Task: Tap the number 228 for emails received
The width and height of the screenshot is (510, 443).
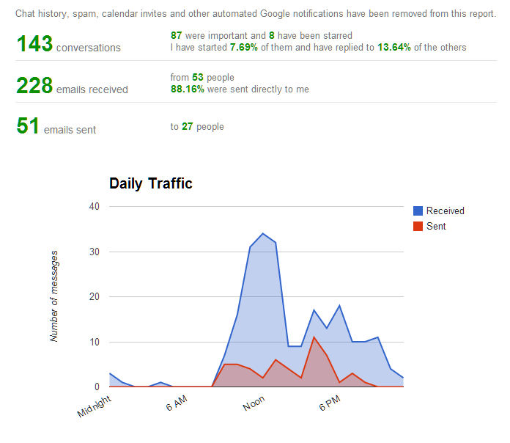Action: tap(34, 86)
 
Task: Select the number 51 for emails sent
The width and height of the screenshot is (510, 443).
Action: tap(28, 126)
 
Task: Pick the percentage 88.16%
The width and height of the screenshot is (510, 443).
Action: tap(188, 89)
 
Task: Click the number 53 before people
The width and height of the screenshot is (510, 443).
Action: tap(197, 78)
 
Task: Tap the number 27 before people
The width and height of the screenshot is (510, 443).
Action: tap(187, 126)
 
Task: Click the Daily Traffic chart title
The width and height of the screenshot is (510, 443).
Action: tap(151, 183)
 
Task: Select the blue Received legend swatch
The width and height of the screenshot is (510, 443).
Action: tap(418, 210)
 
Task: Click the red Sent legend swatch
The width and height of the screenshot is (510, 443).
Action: tap(418, 226)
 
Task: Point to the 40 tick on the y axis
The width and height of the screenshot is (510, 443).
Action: tap(94, 206)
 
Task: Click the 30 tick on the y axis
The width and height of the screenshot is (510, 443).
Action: tap(94, 252)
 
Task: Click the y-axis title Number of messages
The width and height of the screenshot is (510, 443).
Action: tap(54, 296)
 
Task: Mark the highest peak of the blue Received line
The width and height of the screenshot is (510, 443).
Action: tap(263, 233)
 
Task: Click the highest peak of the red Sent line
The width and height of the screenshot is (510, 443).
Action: tap(314, 337)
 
